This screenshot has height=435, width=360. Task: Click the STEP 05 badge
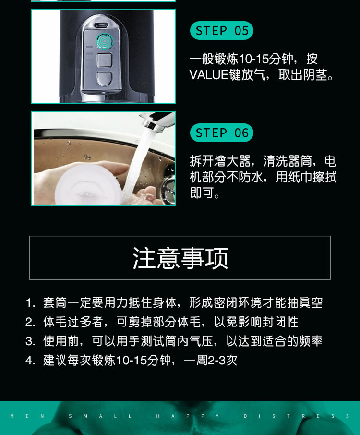click(x=222, y=31)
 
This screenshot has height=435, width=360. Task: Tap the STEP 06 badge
click(x=222, y=133)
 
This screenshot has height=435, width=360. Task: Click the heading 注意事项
click(x=180, y=258)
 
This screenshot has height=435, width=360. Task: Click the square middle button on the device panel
click(x=104, y=60)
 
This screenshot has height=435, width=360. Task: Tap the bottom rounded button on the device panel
click(x=104, y=79)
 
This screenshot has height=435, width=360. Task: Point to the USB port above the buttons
click(x=101, y=25)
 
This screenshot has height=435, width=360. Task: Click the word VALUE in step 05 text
click(x=209, y=75)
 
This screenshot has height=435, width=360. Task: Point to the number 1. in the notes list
click(x=30, y=302)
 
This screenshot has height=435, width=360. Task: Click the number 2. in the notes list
click(x=30, y=322)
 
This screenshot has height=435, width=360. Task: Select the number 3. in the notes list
click(x=30, y=341)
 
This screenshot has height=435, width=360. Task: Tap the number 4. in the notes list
click(x=30, y=361)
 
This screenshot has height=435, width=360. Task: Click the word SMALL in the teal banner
click(x=100, y=416)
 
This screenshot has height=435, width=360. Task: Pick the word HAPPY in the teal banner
click(x=188, y=416)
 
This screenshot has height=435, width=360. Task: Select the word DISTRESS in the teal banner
click(x=296, y=416)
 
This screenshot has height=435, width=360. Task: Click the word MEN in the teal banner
click(x=27, y=416)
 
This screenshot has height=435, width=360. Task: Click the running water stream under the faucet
click(x=136, y=164)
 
